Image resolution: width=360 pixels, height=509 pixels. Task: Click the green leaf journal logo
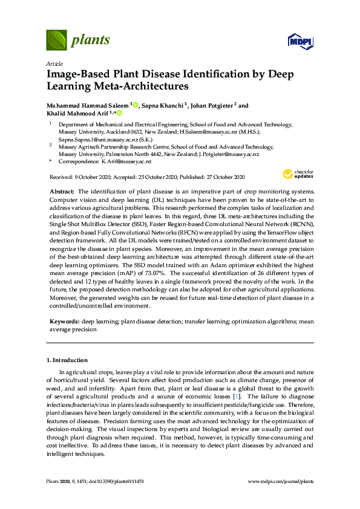click(56, 41)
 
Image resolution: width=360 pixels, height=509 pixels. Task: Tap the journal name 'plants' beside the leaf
click(91, 41)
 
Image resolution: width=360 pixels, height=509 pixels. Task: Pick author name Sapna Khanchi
click(163, 105)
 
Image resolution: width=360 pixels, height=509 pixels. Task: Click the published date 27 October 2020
click(226, 177)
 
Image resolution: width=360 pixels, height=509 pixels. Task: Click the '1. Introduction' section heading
click(70, 360)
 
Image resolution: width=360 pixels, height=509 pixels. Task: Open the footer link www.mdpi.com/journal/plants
click(281, 481)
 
